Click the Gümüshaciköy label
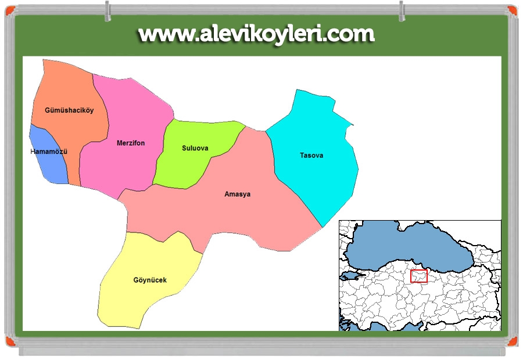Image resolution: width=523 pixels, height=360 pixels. tap(69, 110)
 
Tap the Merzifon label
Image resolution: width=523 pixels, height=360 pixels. tap(131, 143)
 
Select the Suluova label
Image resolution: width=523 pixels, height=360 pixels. tap(195, 148)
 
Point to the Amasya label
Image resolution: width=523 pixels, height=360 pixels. tap(237, 194)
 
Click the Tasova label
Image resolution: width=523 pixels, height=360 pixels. tap(311, 155)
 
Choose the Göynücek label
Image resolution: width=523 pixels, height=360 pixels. tap(150, 280)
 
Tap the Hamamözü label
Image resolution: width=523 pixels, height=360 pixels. tap(49, 152)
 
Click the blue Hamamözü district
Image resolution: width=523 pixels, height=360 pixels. tap(51, 165)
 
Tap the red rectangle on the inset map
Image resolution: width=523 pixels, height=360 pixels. tap(418, 276)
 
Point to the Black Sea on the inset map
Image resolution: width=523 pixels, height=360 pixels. tap(407, 244)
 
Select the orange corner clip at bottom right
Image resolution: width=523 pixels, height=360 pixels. tap(511, 340)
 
